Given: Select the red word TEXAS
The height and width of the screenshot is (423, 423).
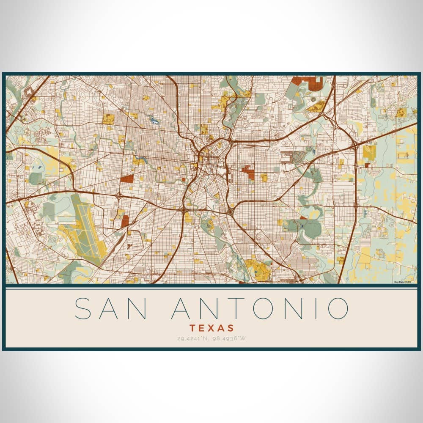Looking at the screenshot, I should coord(211,328).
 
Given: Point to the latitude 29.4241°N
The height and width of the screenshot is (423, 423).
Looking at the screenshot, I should coord(193,338).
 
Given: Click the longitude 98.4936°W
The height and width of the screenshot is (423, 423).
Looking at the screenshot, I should coord(229,338).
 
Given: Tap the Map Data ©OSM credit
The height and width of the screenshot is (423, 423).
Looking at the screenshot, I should coord(402,282).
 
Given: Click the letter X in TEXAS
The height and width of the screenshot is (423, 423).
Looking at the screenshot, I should coord(211,328).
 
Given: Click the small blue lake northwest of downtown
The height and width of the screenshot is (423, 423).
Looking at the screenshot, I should coord(154,121).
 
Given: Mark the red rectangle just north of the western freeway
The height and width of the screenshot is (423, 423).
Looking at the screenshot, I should coord(126,179).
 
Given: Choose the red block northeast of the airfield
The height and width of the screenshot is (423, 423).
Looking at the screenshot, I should coord(125,221).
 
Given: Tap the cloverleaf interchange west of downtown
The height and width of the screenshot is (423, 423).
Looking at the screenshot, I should coord(120,197).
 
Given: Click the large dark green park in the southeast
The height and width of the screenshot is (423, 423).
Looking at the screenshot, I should coord(312,228).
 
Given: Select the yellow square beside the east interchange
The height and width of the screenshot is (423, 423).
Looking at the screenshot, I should coord(369,152).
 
